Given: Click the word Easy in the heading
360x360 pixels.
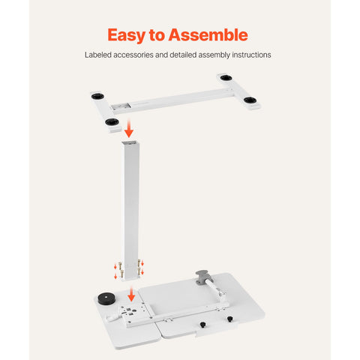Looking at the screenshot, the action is point(127,35).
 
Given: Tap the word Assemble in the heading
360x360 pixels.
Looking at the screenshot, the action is point(208,34).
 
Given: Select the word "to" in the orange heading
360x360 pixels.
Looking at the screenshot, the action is point(157,35).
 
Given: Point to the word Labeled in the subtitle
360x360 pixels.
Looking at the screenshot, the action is point(97,55).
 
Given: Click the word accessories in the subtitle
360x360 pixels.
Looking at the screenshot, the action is point(133,55).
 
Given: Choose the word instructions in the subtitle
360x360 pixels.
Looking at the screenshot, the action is point(251,55).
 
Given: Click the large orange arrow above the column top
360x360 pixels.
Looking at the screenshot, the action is point(129,128).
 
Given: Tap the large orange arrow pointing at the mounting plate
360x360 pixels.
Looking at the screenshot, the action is point(131,294).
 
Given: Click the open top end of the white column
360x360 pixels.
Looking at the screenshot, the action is point(130,143).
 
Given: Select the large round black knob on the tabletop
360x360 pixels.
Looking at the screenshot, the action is point(106,298).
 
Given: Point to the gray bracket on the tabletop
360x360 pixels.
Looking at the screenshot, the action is point(202,277).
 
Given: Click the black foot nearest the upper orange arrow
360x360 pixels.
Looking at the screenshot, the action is point(112,122).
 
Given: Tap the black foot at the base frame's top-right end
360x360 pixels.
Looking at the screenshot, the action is point(226,77).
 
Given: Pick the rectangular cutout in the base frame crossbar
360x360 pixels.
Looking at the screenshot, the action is point(121,106).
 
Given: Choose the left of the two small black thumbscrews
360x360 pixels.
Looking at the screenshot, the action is point(202,325).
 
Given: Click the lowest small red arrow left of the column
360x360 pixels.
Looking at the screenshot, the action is point(115,276).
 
